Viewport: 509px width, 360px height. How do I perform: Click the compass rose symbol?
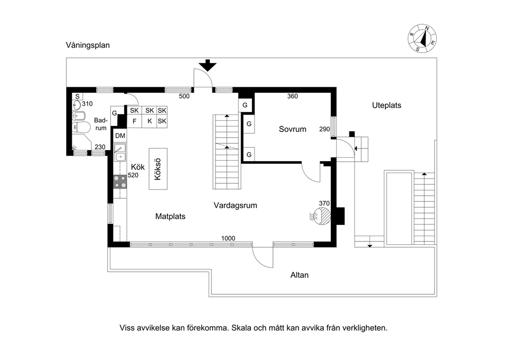pos(422,39)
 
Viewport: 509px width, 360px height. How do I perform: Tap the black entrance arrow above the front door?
pos(207,65)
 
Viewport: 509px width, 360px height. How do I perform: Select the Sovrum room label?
pos(292,129)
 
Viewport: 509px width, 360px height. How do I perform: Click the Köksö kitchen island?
pos(158,169)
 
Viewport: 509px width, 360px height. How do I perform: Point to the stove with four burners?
pos(120,182)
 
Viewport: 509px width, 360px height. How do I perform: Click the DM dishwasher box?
pos(120,136)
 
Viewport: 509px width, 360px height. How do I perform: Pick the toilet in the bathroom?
pos(81,127)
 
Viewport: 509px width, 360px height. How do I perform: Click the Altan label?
pos(299,275)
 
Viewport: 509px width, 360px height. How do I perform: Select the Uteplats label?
pos(386,105)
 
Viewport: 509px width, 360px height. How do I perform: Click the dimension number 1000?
pos(228,238)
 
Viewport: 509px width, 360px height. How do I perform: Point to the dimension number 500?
pos(184,96)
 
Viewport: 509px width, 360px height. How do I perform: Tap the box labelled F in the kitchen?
pos(134,121)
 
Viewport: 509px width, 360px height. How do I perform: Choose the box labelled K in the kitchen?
pos(149,121)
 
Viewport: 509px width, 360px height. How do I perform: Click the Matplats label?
pos(170,216)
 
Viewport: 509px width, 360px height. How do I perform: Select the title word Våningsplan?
pos(88,45)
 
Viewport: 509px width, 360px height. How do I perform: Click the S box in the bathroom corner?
pos(77,97)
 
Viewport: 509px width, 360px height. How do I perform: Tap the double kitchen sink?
pos(120,153)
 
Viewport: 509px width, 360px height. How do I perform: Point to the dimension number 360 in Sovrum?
pos(292,96)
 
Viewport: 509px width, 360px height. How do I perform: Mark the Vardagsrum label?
pos(236,205)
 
